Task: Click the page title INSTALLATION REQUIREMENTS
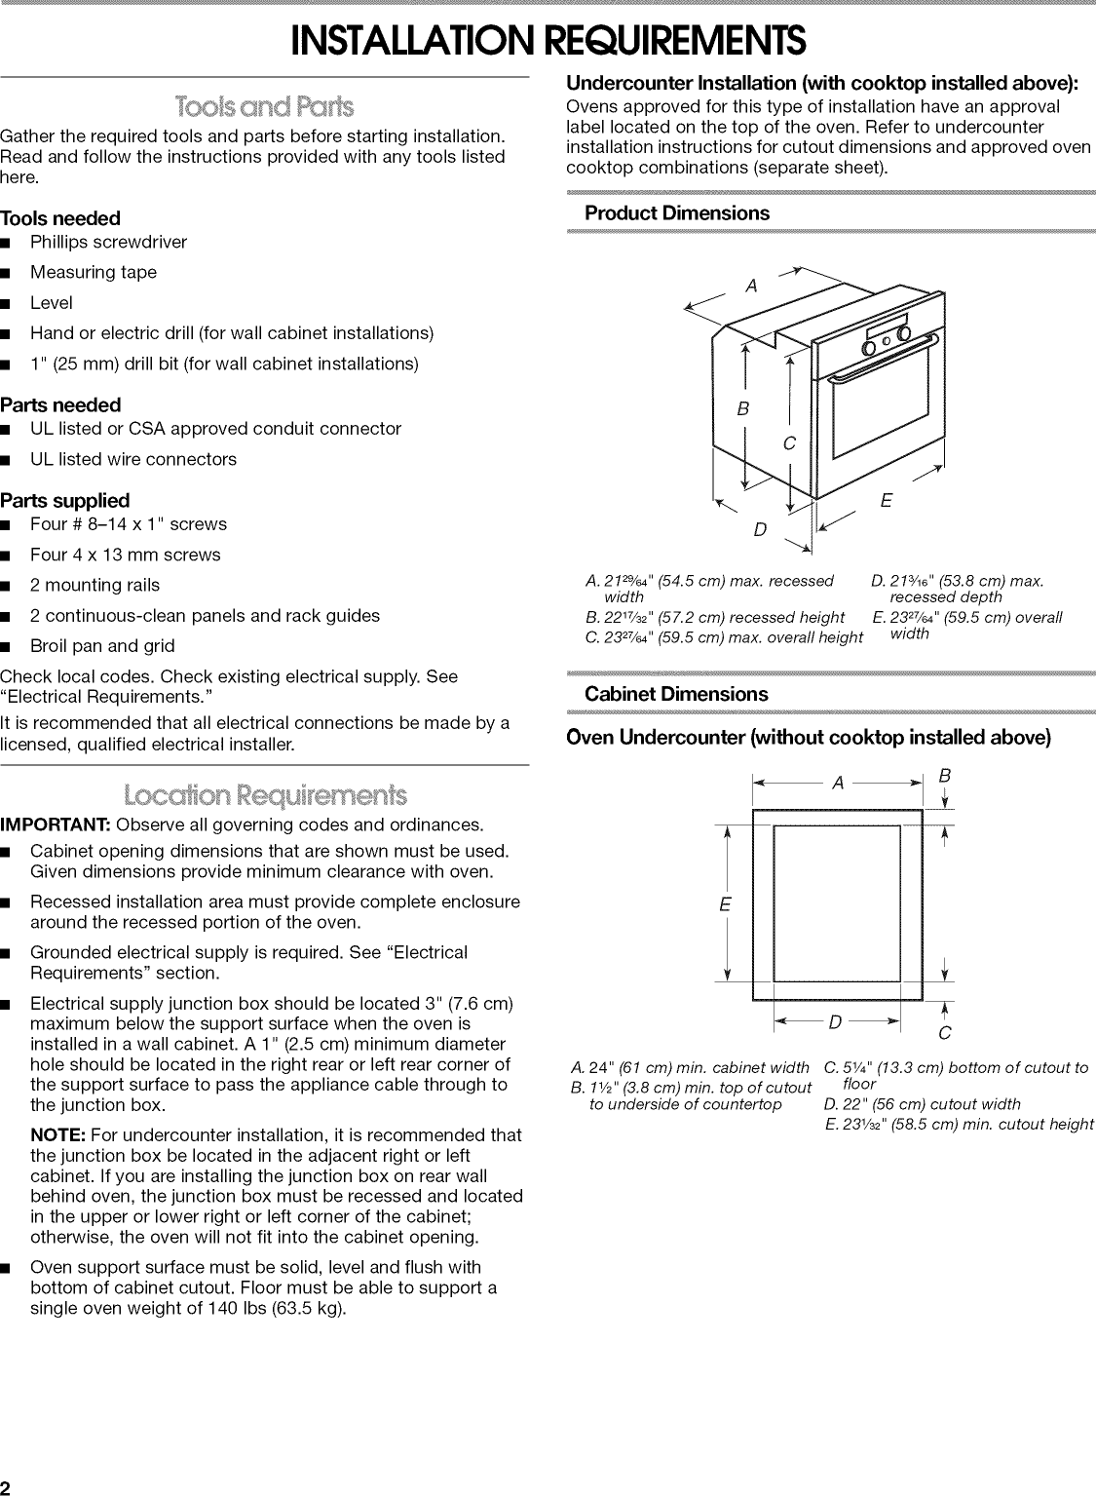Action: point(548,40)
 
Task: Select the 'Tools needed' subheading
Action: point(60,218)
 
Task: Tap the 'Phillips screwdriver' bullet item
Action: point(108,242)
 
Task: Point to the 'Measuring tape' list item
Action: point(93,272)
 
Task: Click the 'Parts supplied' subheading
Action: point(64,501)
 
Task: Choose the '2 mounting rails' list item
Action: point(94,585)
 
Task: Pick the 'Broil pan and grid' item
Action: point(102,645)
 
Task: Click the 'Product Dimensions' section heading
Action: point(676,212)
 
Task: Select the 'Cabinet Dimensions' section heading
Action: point(676,694)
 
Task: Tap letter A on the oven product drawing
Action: point(751,286)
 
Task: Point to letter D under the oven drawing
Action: point(760,529)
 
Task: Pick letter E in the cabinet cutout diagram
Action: point(725,904)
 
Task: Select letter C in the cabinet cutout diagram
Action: point(944,1033)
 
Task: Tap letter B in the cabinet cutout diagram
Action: point(942,776)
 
